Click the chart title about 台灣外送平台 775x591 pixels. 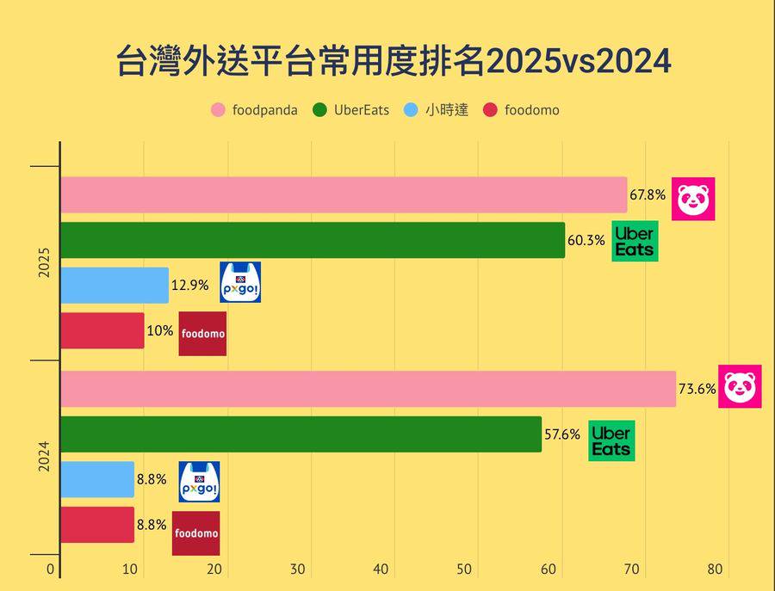tap(393, 63)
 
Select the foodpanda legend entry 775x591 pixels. tap(255, 110)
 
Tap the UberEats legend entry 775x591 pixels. tap(351, 110)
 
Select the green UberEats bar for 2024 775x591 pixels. tap(301, 434)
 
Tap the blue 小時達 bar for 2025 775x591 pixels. tap(115, 286)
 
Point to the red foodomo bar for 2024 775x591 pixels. tap(97, 525)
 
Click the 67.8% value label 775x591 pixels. tap(648, 195)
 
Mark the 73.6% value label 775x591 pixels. tap(697, 389)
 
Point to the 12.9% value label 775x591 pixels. tap(189, 286)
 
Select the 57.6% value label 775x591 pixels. tap(562, 434)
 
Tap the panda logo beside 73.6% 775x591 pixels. tap(740, 386)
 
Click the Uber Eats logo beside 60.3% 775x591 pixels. tap(635, 241)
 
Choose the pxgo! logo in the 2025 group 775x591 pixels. tap(240, 282)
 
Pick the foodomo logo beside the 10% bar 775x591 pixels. tap(202, 334)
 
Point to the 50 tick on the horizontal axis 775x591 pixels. tap(465, 569)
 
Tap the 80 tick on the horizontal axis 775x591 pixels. tap(716, 569)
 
